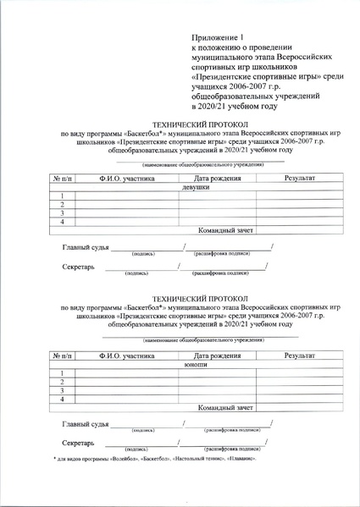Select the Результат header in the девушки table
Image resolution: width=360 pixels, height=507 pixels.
point(301,179)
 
